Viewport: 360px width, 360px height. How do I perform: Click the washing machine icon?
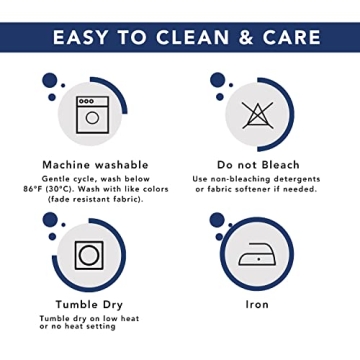tap(92, 115)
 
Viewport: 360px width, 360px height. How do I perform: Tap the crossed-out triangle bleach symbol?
tap(258, 115)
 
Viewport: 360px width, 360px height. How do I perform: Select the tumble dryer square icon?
tap(89, 255)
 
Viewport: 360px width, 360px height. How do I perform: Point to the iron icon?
tap(257, 254)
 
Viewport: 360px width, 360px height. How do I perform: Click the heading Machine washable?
tap(95, 165)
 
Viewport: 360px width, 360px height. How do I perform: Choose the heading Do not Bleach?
tap(258, 165)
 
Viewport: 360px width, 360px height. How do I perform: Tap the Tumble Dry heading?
tap(89, 305)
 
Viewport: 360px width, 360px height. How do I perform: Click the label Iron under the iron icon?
tap(257, 304)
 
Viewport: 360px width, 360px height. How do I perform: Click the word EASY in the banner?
tap(80, 37)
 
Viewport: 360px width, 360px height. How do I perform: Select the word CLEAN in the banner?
tap(193, 37)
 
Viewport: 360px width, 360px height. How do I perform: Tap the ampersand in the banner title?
tap(246, 37)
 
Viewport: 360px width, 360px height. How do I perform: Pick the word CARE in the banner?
tap(291, 37)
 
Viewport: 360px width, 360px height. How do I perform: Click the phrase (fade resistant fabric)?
tap(95, 199)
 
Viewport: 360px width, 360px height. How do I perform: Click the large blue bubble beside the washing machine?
tap(50, 80)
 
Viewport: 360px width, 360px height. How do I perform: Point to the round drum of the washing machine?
tap(92, 118)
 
